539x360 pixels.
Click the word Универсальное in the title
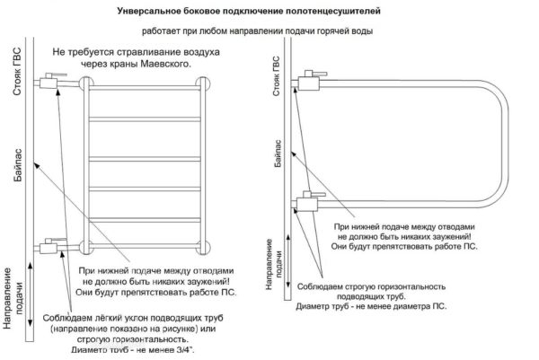tap(153, 13)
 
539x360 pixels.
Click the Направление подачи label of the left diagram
tap(13, 301)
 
